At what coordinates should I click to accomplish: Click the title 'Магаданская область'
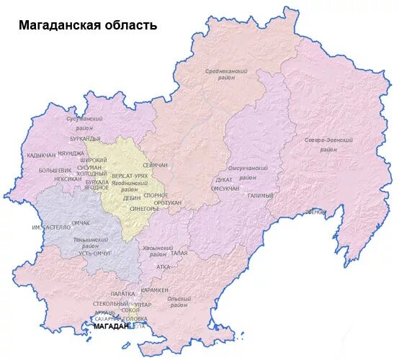pyautogui.click(x=87, y=25)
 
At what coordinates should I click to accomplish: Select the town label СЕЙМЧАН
pyautogui.click(x=156, y=165)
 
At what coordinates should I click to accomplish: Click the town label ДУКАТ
pyautogui.click(x=224, y=180)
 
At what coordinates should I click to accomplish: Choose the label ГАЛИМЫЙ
pyautogui.click(x=260, y=196)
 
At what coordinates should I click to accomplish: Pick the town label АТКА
pyautogui.click(x=163, y=266)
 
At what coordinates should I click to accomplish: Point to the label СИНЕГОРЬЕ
pyautogui.click(x=145, y=210)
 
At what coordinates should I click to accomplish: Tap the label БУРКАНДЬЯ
pyautogui.click(x=85, y=138)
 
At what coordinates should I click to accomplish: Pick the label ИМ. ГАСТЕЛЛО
pyautogui.click(x=51, y=228)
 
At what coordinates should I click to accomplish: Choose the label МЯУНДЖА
pyautogui.click(x=71, y=153)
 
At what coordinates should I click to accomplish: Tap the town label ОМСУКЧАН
pyautogui.click(x=225, y=188)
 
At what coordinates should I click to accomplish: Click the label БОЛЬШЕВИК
pyautogui.click(x=55, y=171)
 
